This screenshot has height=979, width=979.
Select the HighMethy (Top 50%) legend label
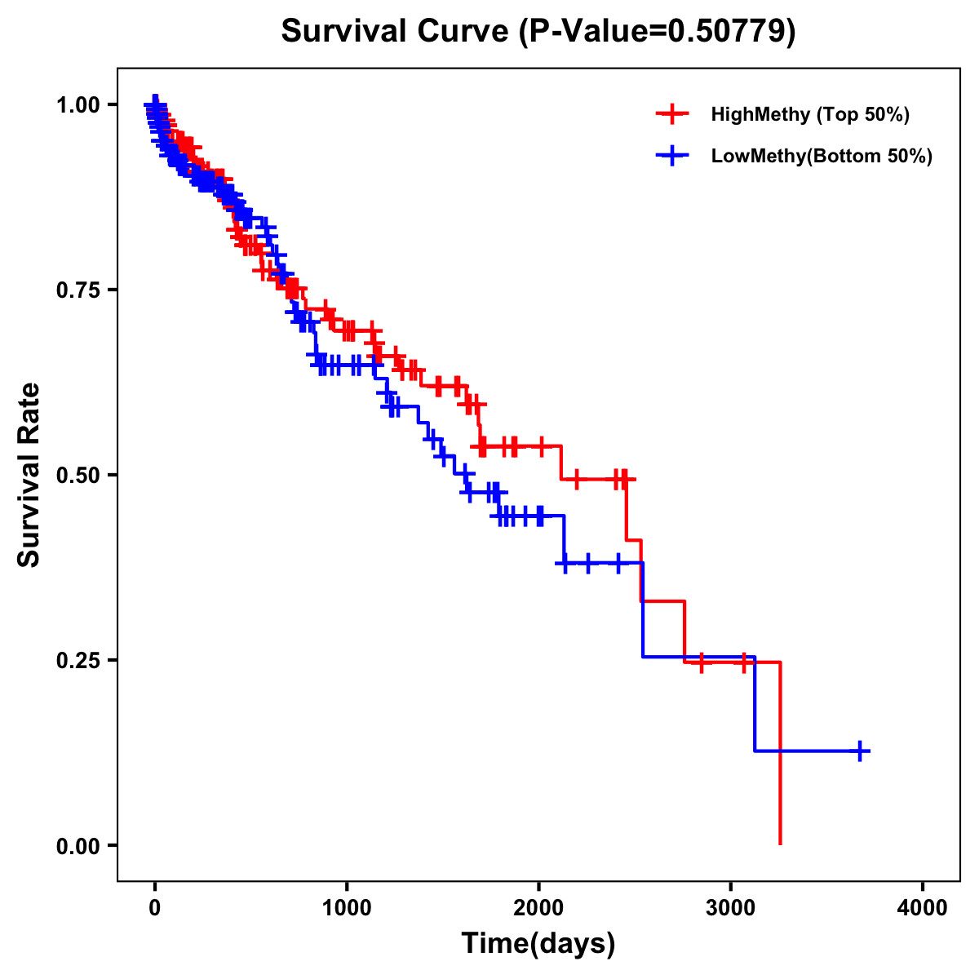click(x=809, y=114)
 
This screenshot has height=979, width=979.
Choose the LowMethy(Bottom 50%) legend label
click(x=821, y=156)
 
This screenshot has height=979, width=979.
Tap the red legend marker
click(x=672, y=114)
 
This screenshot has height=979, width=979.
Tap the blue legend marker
click(x=672, y=156)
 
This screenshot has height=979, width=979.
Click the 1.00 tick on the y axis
click(x=79, y=105)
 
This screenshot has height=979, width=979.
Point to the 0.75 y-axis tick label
click(x=79, y=290)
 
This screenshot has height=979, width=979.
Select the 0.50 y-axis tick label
click(x=79, y=476)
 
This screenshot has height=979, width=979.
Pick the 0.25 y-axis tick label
click(x=79, y=661)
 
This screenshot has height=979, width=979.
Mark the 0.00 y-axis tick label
click(x=79, y=846)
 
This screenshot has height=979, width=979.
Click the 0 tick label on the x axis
click(x=155, y=907)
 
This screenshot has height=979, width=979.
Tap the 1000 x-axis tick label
click(x=347, y=907)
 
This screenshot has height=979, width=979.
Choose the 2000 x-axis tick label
click(x=538, y=907)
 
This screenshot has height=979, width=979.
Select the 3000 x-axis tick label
click(x=731, y=907)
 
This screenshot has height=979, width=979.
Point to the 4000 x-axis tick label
click(x=923, y=907)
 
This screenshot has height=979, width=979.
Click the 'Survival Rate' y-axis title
click(x=30, y=475)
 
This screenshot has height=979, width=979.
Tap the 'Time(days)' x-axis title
click(x=538, y=944)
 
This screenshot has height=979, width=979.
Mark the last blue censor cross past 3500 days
click(x=860, y=751)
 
